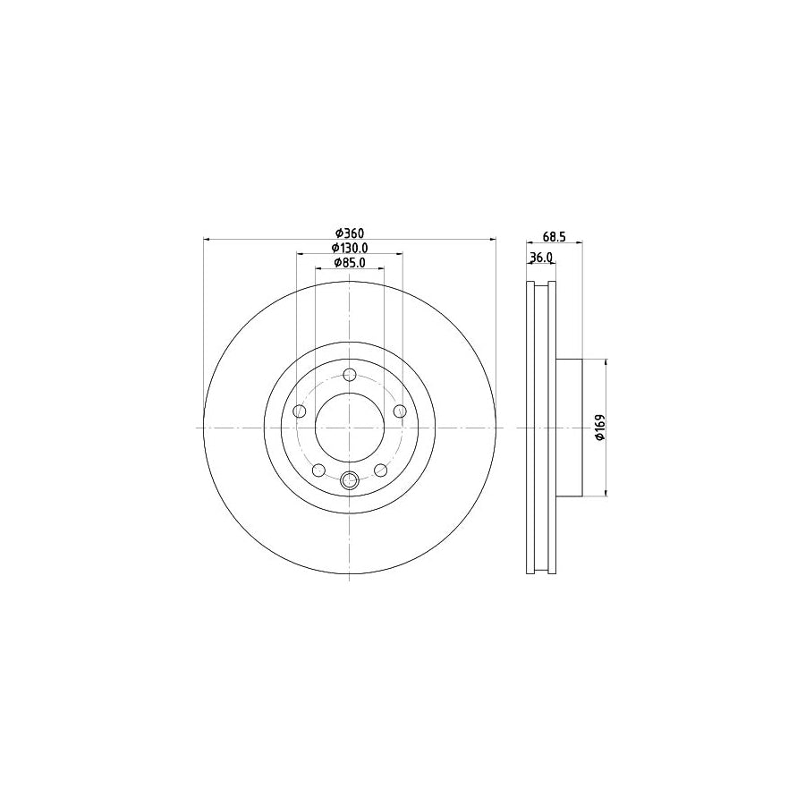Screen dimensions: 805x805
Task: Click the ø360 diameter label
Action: [x=349, y=233]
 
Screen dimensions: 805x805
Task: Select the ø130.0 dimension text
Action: [x=350, y=248]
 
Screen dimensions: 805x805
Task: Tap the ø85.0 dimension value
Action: [x=350, y=263]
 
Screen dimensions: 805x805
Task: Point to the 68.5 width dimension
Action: [x=555, y=237]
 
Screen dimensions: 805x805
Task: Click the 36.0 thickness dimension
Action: [x=541, y=258]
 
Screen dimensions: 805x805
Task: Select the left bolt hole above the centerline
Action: [x=300, y=411]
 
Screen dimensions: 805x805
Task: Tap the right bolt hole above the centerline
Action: [x=400, y=411]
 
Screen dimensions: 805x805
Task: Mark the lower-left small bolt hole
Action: [x=318, y=470]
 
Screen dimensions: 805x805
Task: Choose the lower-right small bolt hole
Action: [x=381, y=470]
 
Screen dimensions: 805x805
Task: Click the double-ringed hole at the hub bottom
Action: [x=350, y=481]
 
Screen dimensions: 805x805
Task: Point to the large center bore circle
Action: [x=350, y=428]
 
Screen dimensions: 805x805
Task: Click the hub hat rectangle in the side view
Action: [x=570, y=428]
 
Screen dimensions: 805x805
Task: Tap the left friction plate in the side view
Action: [x=529, y=428]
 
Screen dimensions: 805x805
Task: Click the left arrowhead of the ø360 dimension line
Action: [x=208, y=240]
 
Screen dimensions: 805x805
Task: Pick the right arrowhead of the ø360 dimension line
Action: [x=492, y=240]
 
